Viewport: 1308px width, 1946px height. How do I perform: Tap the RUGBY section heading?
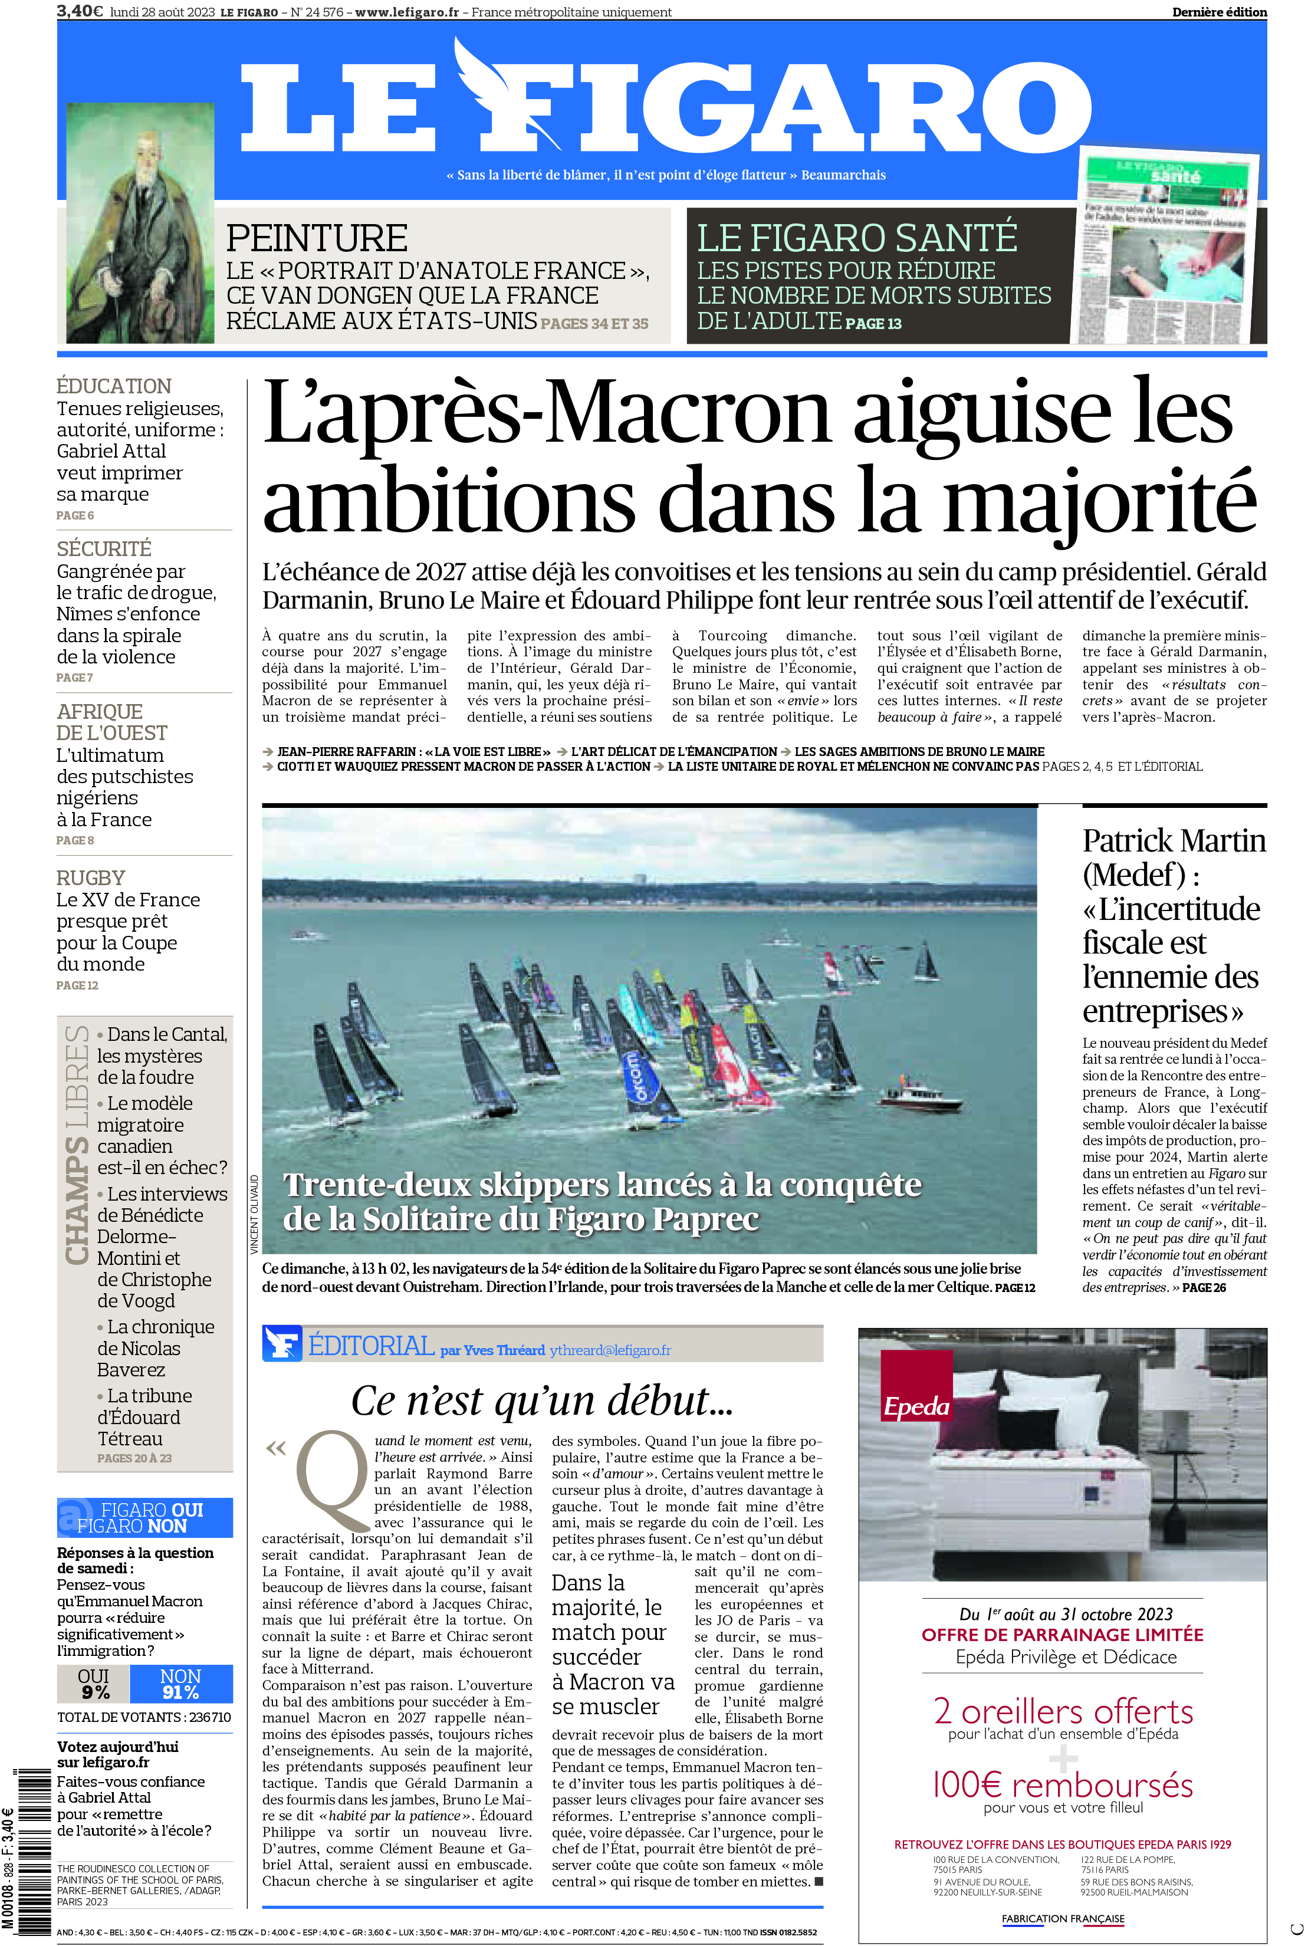coord(91,877)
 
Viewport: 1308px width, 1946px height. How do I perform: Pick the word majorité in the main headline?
coord(1100,501)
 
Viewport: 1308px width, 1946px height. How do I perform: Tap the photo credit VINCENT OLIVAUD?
coord(254,1214)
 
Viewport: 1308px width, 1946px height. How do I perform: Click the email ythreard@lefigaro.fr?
coord(610,1350)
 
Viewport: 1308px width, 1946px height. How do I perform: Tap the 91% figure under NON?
coord(180,1692)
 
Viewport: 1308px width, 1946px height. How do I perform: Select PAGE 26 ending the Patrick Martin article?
coord(1204,1287)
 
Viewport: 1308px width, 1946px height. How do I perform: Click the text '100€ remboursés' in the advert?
coord(1062,1785)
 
